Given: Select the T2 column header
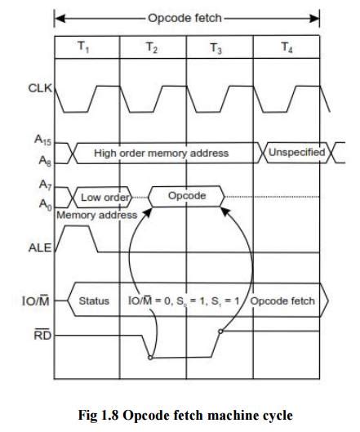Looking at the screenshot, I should click(153, 47).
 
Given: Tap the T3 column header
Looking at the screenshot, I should click(216, 47).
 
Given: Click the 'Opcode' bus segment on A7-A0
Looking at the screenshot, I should click(186, 197).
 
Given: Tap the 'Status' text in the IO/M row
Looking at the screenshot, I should click(93, 301).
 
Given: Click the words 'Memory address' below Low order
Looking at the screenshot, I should click(89, 215).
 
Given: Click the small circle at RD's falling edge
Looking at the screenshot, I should click(149, 357).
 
